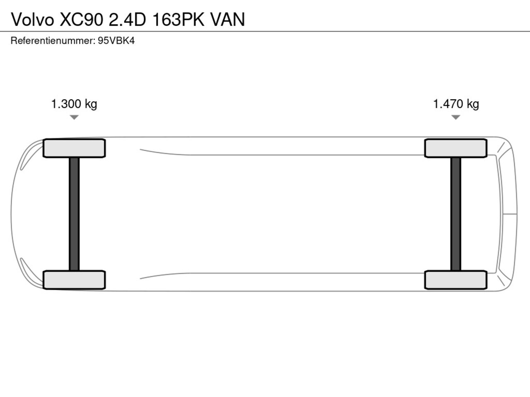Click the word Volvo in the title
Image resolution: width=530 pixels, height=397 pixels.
(x=32, y=19)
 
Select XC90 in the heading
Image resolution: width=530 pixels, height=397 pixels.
(x=82, y=19)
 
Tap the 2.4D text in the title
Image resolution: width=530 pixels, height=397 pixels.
(x=128, y=19)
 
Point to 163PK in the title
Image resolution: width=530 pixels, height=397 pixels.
(x=178, y=19)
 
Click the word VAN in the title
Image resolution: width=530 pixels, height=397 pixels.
(x=228, y=19)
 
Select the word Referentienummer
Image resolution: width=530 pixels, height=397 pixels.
(x=53, y=41)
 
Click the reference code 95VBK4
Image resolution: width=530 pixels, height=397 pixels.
(x=116, y=41)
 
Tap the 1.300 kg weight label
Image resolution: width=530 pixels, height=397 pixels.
(x=74, y=104)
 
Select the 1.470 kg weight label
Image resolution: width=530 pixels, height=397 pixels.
(x=456, y=104)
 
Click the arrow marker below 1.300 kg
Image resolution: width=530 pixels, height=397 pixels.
(x=74, y=117)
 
